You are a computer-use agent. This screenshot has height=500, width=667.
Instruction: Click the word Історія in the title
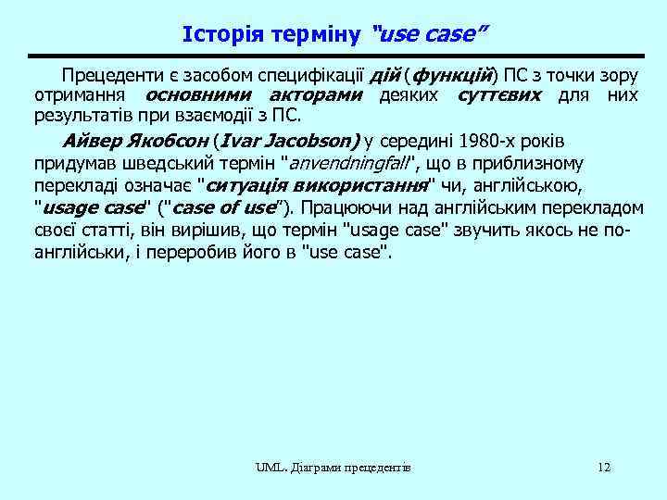pos(220,35)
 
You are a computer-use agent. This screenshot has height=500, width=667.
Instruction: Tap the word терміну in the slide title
pos(314,35)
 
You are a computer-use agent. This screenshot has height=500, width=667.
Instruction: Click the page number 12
pos(604,467)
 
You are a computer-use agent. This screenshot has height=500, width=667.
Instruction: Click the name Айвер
pos(90,142)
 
